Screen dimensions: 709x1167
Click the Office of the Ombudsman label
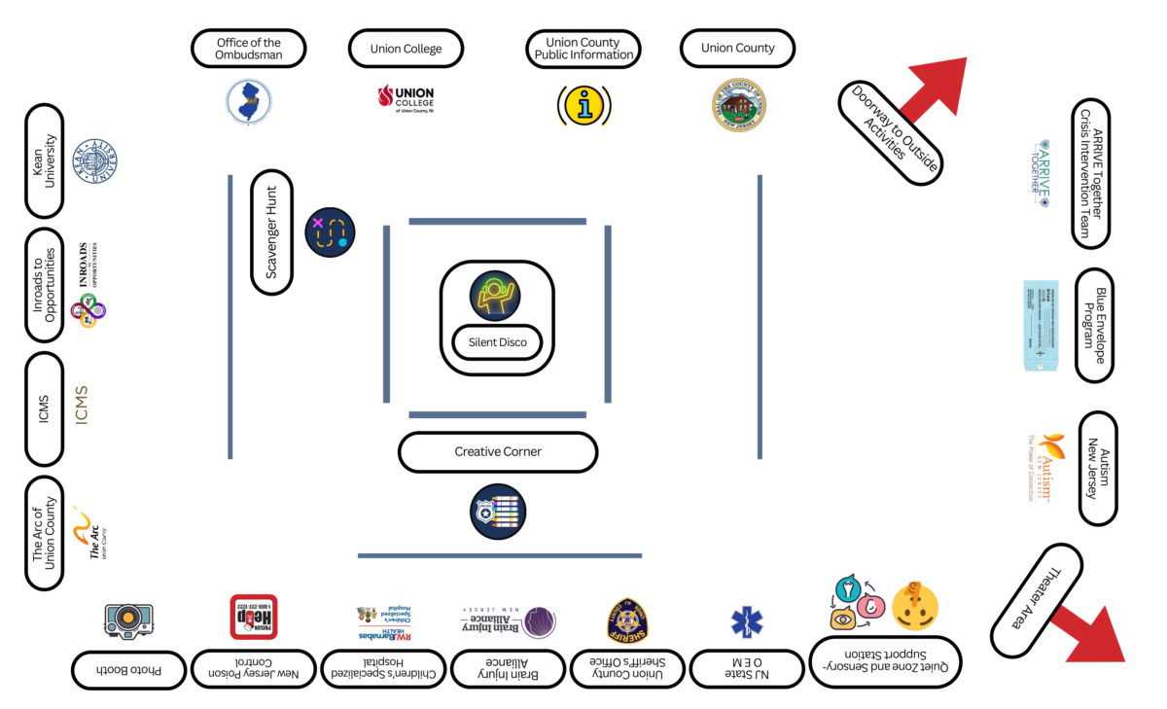coord(249,49)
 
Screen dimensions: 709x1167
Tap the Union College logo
coord(406,99)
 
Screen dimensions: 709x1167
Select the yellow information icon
coord(583,105)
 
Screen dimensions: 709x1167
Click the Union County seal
coord(738,105)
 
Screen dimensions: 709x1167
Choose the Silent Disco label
coord(498,342)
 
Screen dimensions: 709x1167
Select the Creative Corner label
coord(498,452)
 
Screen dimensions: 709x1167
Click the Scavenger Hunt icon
coord(331,231)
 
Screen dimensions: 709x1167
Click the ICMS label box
coord(45,408)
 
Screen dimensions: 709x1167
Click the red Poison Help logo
coord(254,617)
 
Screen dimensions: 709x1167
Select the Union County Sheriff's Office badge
coord(627,620)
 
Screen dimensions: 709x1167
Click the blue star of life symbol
coord(747,621)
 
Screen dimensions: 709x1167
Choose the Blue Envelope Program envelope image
coord(1040,325)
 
